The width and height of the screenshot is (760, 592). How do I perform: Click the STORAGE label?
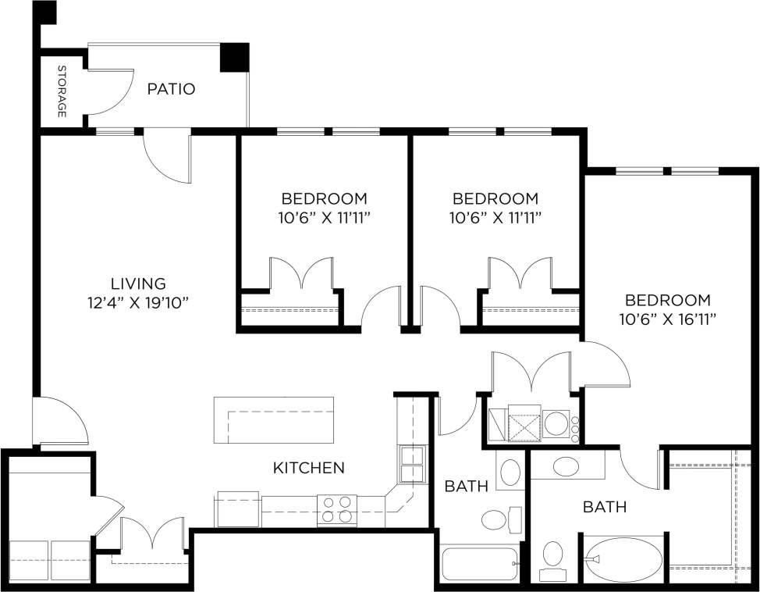coord(62,92)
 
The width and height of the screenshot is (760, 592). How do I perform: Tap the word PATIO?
coord(171,89)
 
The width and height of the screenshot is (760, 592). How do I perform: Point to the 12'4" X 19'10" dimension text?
coord(138,302)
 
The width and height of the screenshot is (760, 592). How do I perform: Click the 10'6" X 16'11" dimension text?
coord(668,319)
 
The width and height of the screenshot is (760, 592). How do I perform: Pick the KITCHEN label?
coord(308,468)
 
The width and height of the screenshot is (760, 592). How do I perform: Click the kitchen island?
coord(274,420)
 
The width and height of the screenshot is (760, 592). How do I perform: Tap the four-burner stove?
coord(337,510)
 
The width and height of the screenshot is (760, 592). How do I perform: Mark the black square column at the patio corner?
coord(233,57)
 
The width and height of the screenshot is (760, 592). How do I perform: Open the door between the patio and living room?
coord(167,156)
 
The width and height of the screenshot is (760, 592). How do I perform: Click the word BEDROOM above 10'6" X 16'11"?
coord(668,300)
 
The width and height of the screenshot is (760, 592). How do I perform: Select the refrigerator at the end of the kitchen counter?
coord(237,509)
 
